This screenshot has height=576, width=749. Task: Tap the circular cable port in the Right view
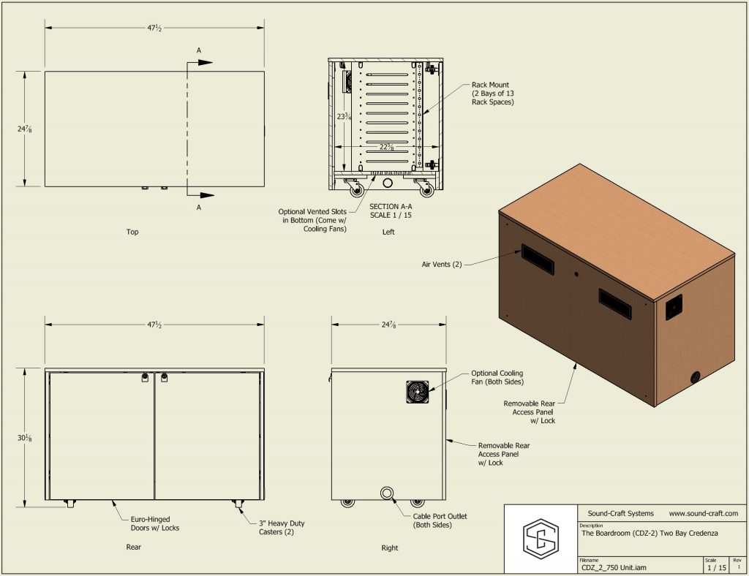click(x=387, y=493)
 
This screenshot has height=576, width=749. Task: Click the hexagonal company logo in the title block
click(x=540, y=539)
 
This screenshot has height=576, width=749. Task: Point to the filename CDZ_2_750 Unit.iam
click(x=614, y=567)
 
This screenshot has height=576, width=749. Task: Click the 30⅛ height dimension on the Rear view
click(x=24, y=438)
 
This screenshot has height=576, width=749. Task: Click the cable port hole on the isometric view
click(x=694, y=377)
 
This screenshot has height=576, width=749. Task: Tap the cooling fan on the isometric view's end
click(x=674, y=308)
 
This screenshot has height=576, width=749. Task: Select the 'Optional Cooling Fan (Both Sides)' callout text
click(x=497, y=378)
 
